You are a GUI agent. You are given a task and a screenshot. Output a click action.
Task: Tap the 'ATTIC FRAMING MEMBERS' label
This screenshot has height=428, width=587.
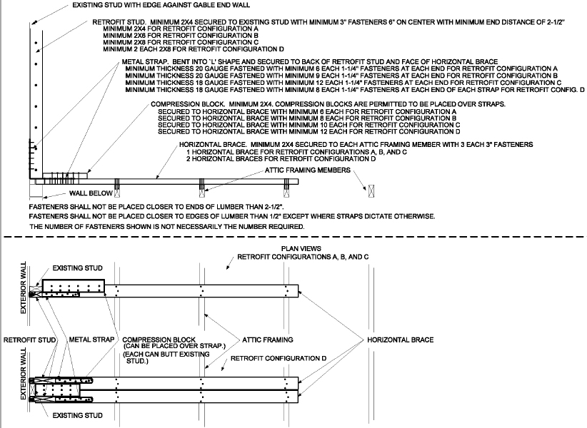point(308,171)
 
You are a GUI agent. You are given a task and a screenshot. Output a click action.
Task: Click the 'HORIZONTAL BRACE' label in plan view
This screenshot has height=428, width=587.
point(400,340)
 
